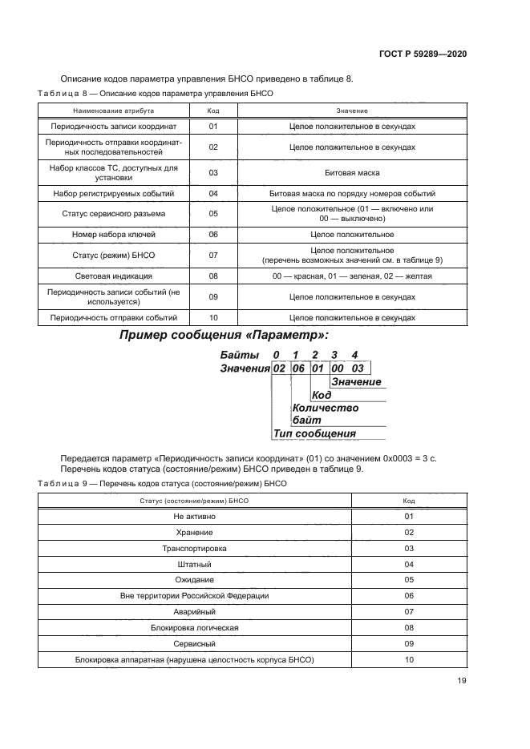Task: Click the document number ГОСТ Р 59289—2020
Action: (422, 54)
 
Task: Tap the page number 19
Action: (461, 681)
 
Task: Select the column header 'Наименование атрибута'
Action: (113, 111)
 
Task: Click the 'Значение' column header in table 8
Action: (352, 111)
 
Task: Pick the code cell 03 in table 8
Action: (213, 172)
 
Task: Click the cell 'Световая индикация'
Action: (113, 276)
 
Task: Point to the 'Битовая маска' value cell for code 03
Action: (352, 172)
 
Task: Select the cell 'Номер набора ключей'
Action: (113, 235)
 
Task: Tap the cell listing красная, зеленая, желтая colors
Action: (352, 276)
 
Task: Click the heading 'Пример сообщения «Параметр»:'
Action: (224, 335)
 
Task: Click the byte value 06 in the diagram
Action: (299, 368)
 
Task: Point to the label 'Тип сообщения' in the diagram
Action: (314, 433)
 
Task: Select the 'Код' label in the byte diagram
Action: (322, 395)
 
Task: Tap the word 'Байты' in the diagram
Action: (240, 354)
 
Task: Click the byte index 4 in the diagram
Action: (354, 354)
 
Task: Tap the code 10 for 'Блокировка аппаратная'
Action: (409, 659)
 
